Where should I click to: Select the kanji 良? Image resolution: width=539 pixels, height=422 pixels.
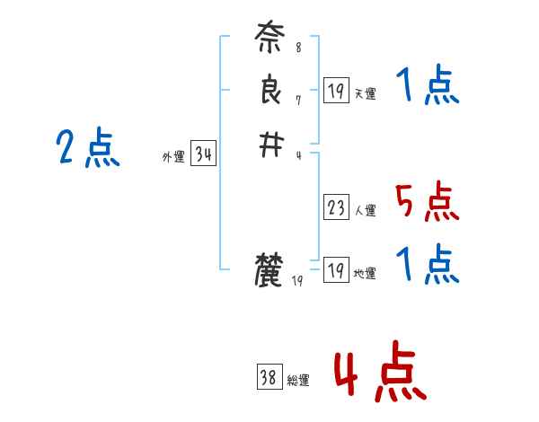tap(270, 92)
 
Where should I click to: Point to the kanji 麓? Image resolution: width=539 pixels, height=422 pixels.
tap(270, 270)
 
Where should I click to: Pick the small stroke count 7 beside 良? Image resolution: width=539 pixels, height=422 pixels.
tap(297, 100)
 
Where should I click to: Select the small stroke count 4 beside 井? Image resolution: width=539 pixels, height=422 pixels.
tap(297, 154)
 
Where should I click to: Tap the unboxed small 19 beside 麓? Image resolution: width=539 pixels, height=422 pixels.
tap(298, 281)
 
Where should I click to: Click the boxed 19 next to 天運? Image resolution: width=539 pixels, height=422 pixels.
tap(336, 90)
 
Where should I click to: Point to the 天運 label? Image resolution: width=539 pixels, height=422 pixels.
tap(365, 93)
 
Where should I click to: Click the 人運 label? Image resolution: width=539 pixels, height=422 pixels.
tap(365, 212)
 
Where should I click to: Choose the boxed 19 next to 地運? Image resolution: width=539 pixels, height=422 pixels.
tap(336, 270)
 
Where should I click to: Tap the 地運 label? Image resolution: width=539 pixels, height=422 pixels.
tap(365, 274)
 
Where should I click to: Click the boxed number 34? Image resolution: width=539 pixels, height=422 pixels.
tap(203, 154)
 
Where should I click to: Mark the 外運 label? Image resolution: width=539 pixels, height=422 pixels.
tap(172, 157)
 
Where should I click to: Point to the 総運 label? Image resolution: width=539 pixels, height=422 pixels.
tap(298, 381)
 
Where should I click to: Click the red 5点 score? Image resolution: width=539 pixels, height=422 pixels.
tap(428, 201)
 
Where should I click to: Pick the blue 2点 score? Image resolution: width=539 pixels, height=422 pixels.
tap(88, 147)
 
